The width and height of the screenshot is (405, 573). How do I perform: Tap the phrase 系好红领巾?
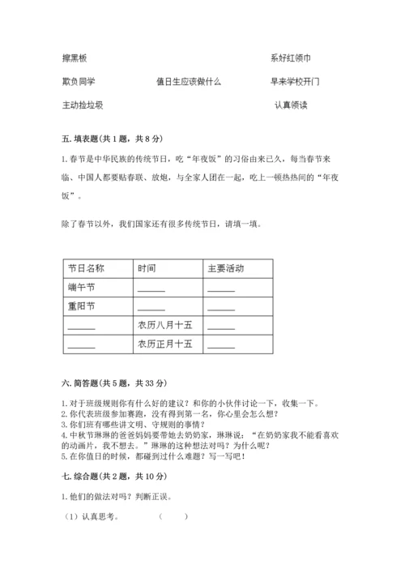[x=291, y=58]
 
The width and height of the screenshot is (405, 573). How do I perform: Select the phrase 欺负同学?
[x=79, y=82]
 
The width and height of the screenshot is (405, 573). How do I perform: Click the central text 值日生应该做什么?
[x=189, y=82]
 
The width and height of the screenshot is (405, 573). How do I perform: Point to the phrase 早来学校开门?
[x=296, y=82]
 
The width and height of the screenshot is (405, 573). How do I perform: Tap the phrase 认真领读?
[x=291, y=105]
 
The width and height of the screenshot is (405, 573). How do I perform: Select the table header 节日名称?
[x=85, y=268]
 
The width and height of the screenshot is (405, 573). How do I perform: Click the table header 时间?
[x=147, y=268]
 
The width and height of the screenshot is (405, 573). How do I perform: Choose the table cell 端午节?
[x=81, y=288]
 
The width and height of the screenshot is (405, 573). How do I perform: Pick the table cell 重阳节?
[x=81, y=307]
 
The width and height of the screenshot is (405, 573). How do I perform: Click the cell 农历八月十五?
[x=164, y=326]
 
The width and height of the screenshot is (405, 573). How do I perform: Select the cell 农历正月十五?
[x=164, y=344]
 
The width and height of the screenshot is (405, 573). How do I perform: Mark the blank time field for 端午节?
[x=151, y=289]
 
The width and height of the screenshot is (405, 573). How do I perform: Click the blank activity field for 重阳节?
[x=220, y=309]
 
